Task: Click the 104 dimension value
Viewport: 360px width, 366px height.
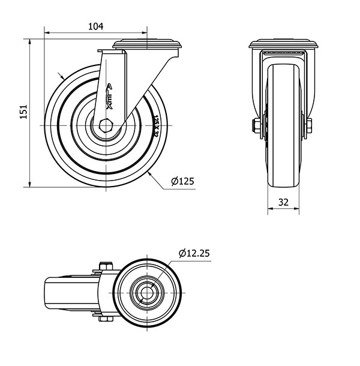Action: coord(96,26)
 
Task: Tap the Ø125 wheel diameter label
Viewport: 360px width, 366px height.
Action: coord(182,181)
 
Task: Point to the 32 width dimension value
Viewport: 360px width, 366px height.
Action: coord(284,202)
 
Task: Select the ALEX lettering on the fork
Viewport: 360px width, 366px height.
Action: coord(109,95)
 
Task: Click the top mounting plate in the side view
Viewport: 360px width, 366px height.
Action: coord(147,43)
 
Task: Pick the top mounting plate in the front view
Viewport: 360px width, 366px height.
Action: coord(284,44)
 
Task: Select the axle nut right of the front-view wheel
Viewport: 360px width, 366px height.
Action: coord(309,125)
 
